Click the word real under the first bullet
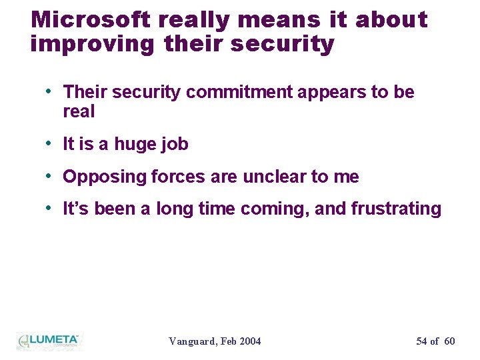(x=79, y=111)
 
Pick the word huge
(x=137, y=144)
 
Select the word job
(x=175, y=144)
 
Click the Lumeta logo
(x=48, y=340)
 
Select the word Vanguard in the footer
(x=192, y=341)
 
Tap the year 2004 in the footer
(x=250, y=341)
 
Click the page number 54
(x=421, y=341)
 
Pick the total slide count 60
(x=449, y=341)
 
